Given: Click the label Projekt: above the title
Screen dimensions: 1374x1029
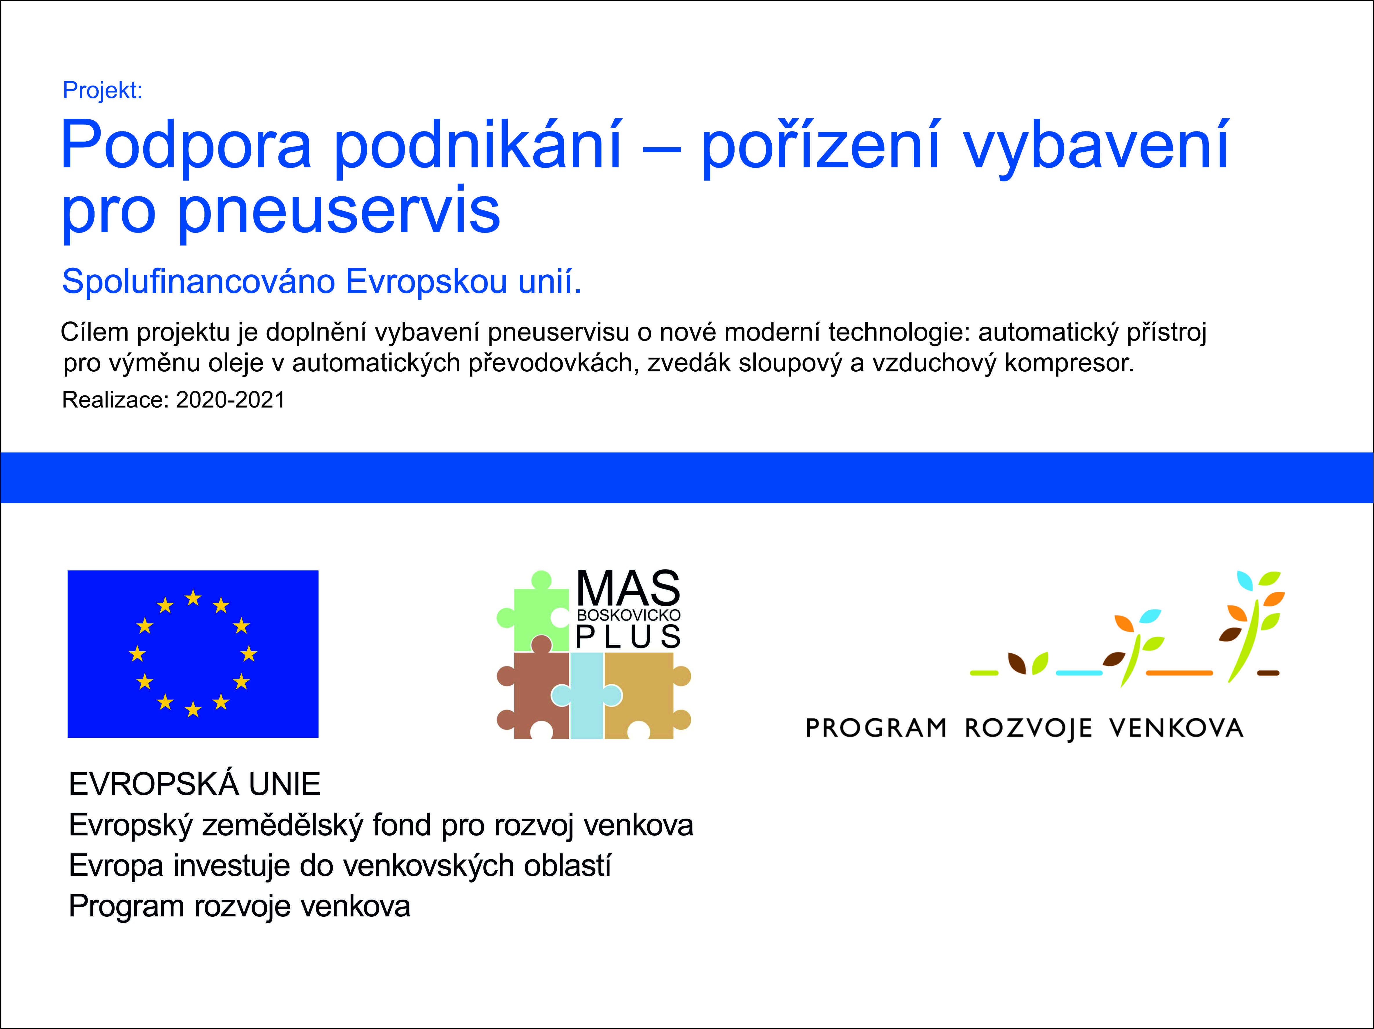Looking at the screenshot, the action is click(x=102, y=91).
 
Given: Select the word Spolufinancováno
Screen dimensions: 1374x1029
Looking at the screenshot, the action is click(x=198, y=282).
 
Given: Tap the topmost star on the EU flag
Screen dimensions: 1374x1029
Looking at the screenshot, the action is click(x=193, y=598).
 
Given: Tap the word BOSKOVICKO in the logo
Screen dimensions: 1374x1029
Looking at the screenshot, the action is click(x=629, y=615).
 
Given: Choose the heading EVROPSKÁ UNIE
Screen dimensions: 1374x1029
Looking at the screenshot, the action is click(x=194, y=784).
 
